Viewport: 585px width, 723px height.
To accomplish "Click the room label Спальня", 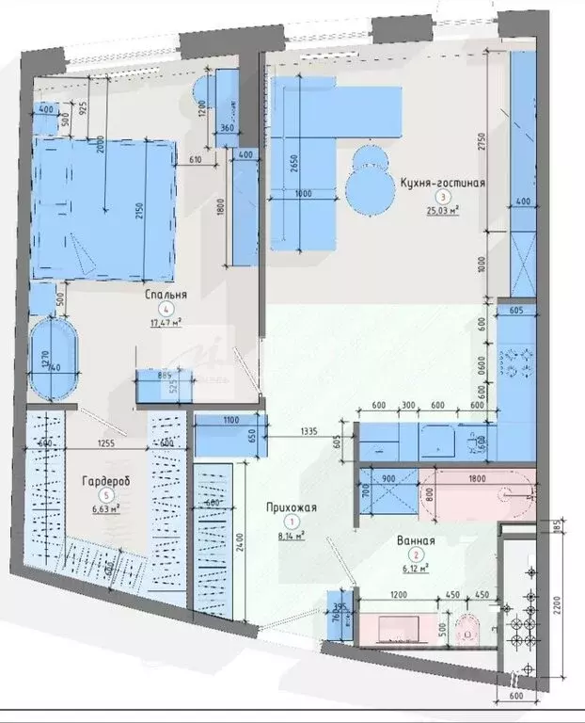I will tap(166, 295).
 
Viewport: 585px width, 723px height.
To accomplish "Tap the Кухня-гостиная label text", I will tap(442, 184).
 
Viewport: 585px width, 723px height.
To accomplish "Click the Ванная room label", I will tap(415, 541).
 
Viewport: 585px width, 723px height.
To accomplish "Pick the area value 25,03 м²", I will tap(441, 212).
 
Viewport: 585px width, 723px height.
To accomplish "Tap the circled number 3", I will tap(441, 198).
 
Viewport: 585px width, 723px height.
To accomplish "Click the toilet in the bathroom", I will tap(466, 628).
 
